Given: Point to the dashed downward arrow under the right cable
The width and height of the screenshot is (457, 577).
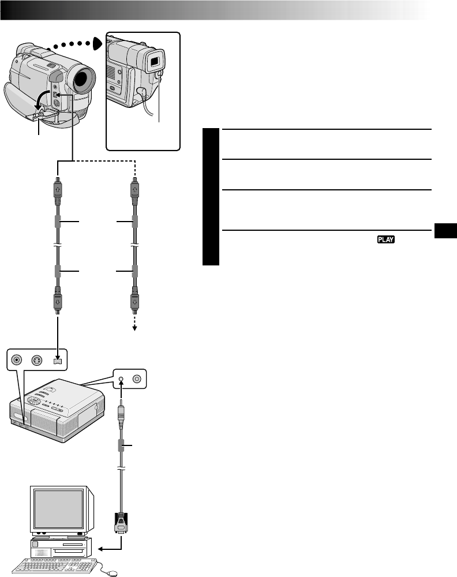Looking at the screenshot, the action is [x=135, y=325].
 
